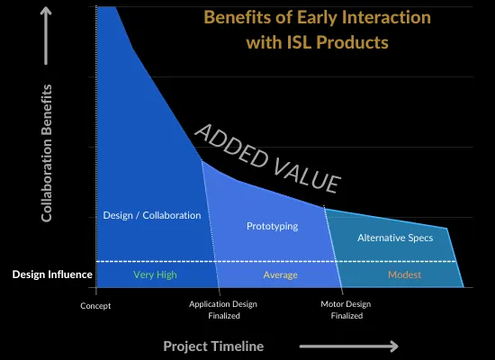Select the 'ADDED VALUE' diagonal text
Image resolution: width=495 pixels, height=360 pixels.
pyautogui.click(x=268, y=158)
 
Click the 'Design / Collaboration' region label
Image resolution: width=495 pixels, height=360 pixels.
pyautogui.click(x=152, y=215)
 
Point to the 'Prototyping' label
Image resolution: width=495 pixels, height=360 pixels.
pyautogui.click(x=272, y=226)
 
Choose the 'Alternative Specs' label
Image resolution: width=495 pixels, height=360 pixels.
pyautogui.click(x=395, y=238)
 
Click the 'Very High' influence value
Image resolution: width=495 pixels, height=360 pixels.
pyautogui.click(x=155, y=274)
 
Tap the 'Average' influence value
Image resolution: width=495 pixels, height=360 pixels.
pyautogui.click(x=280, y=274)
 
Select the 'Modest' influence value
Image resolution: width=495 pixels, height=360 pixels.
pyautogui.click(x=404, y=274)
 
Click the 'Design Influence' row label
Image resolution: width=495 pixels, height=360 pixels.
pyautogui.click(x=52, y=274)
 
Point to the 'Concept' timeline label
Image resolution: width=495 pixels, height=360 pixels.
pyautogui.click(x=95, y=305)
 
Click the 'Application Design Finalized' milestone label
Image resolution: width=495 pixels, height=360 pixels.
pyautogui.click(x=223, y=310)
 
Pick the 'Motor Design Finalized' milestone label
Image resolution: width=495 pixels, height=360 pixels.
pyautogui.click(x=346, y=310)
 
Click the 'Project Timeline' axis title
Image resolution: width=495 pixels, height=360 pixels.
pyautogui.click(x=213, y=346)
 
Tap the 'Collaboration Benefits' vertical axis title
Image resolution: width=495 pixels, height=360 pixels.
pyautogui.click(x=47, y=153)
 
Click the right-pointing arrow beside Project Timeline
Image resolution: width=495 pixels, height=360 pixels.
pyautogui.click(x=348, y=346)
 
